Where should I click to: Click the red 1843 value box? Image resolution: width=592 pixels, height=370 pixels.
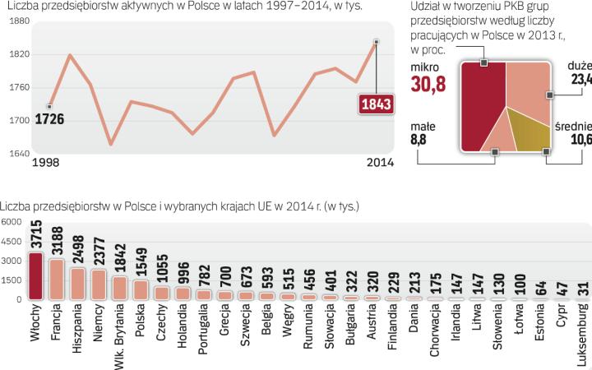pyautogui.click(x=376, y=104)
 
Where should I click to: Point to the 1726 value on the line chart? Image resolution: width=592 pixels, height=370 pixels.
pyautogui.click(x=49, y=120)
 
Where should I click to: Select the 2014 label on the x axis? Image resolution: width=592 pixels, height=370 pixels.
pyautogui.click(x=377, y=163)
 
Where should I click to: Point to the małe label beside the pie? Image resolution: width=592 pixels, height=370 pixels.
pyautogui.click(x=423, y=127)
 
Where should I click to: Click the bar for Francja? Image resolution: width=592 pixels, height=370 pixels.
pyautogui.click(x=57, y=280)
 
